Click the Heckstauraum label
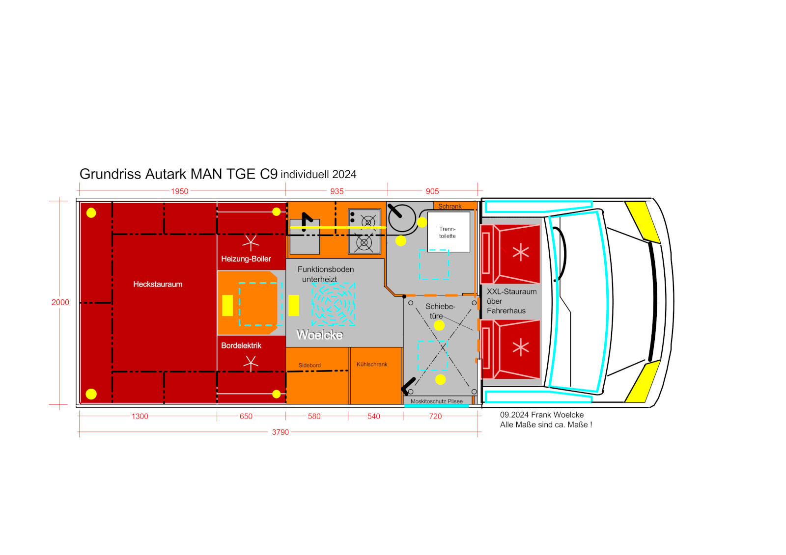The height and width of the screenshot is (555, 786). point(158,284)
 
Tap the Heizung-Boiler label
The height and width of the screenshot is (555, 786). point(246,259)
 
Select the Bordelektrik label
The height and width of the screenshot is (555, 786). point(241,345)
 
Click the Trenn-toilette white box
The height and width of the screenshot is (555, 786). point(449,232)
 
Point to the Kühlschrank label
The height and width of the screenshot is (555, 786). point(372,364)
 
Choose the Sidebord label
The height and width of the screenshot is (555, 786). point(309,365)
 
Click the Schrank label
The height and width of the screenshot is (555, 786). point(450,206)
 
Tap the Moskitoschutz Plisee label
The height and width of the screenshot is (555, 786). point(437,401)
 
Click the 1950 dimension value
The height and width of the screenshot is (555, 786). point(179,191)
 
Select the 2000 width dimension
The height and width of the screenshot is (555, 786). point(60,302)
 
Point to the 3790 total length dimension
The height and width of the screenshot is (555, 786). point(281,432)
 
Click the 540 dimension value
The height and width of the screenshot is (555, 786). point(374,416)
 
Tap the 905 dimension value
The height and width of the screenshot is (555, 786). point(432,191)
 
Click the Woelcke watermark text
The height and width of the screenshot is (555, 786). point(320,335)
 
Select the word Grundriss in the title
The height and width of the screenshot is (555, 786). point(111,174)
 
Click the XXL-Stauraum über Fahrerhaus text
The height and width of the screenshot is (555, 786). point(511,301)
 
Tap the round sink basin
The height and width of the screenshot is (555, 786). point(402,218)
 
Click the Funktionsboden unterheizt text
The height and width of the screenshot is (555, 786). point(326,274)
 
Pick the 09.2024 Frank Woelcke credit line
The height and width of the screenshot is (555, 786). point(542,415)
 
